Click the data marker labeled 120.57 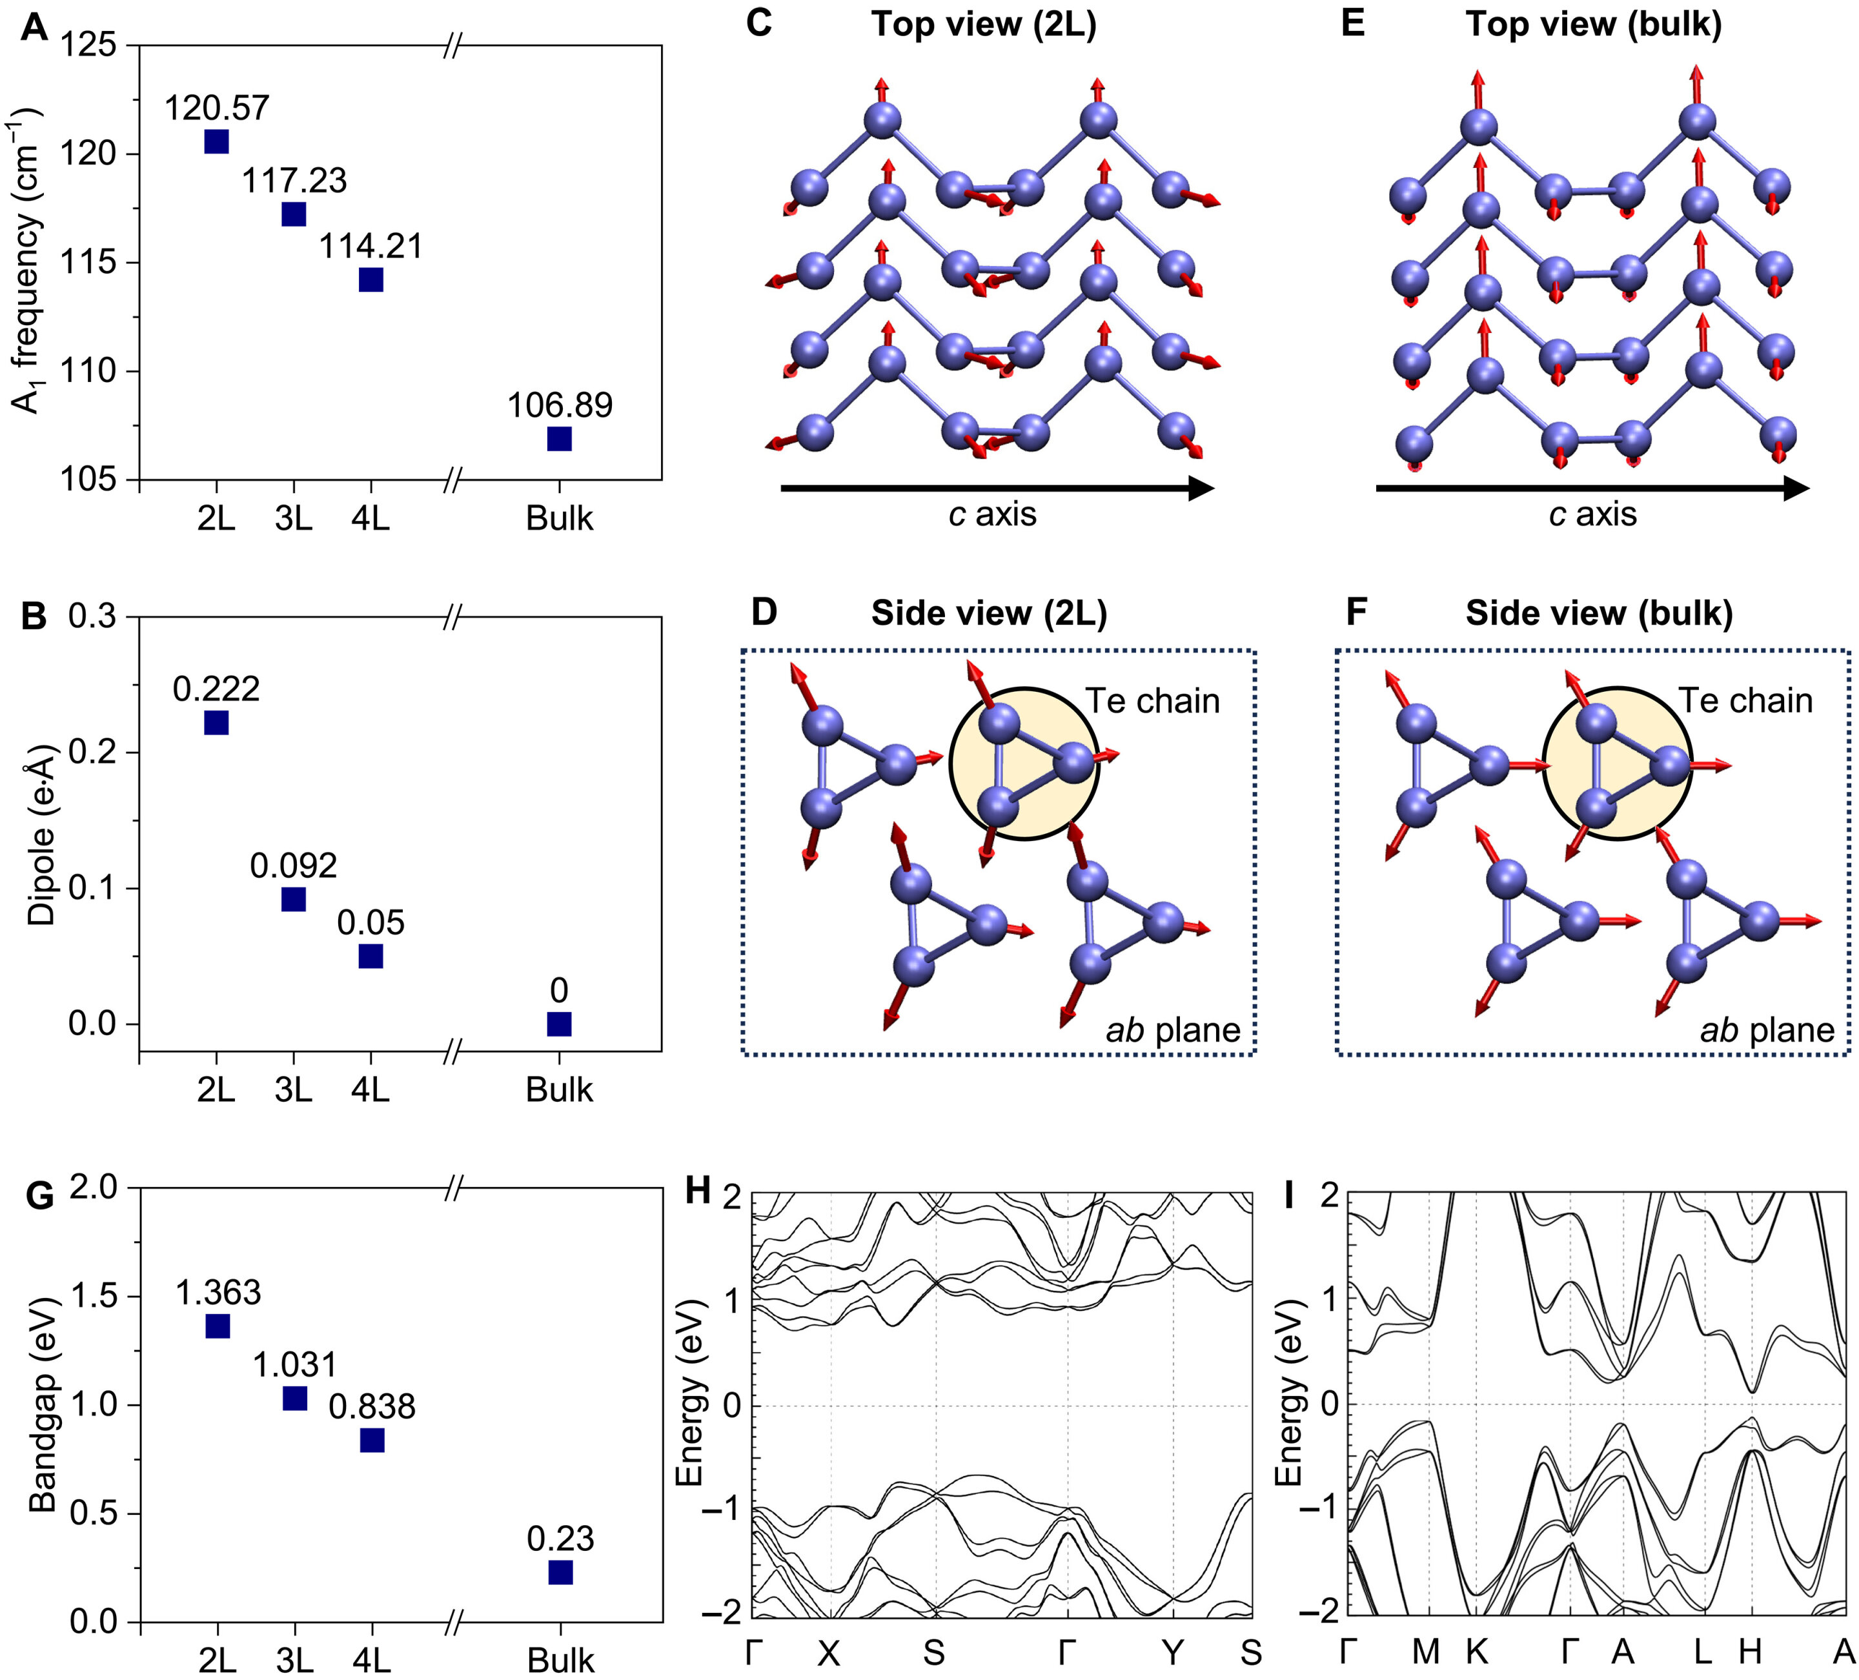216,141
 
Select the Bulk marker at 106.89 559,439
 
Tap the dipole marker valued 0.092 293,899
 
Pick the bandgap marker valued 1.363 217,1326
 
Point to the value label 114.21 371,246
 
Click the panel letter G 39,1196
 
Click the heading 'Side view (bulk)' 1599,613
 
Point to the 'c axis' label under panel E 1592,514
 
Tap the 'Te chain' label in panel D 1152,702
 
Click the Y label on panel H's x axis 1172,1654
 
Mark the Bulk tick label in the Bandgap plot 560,1661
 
